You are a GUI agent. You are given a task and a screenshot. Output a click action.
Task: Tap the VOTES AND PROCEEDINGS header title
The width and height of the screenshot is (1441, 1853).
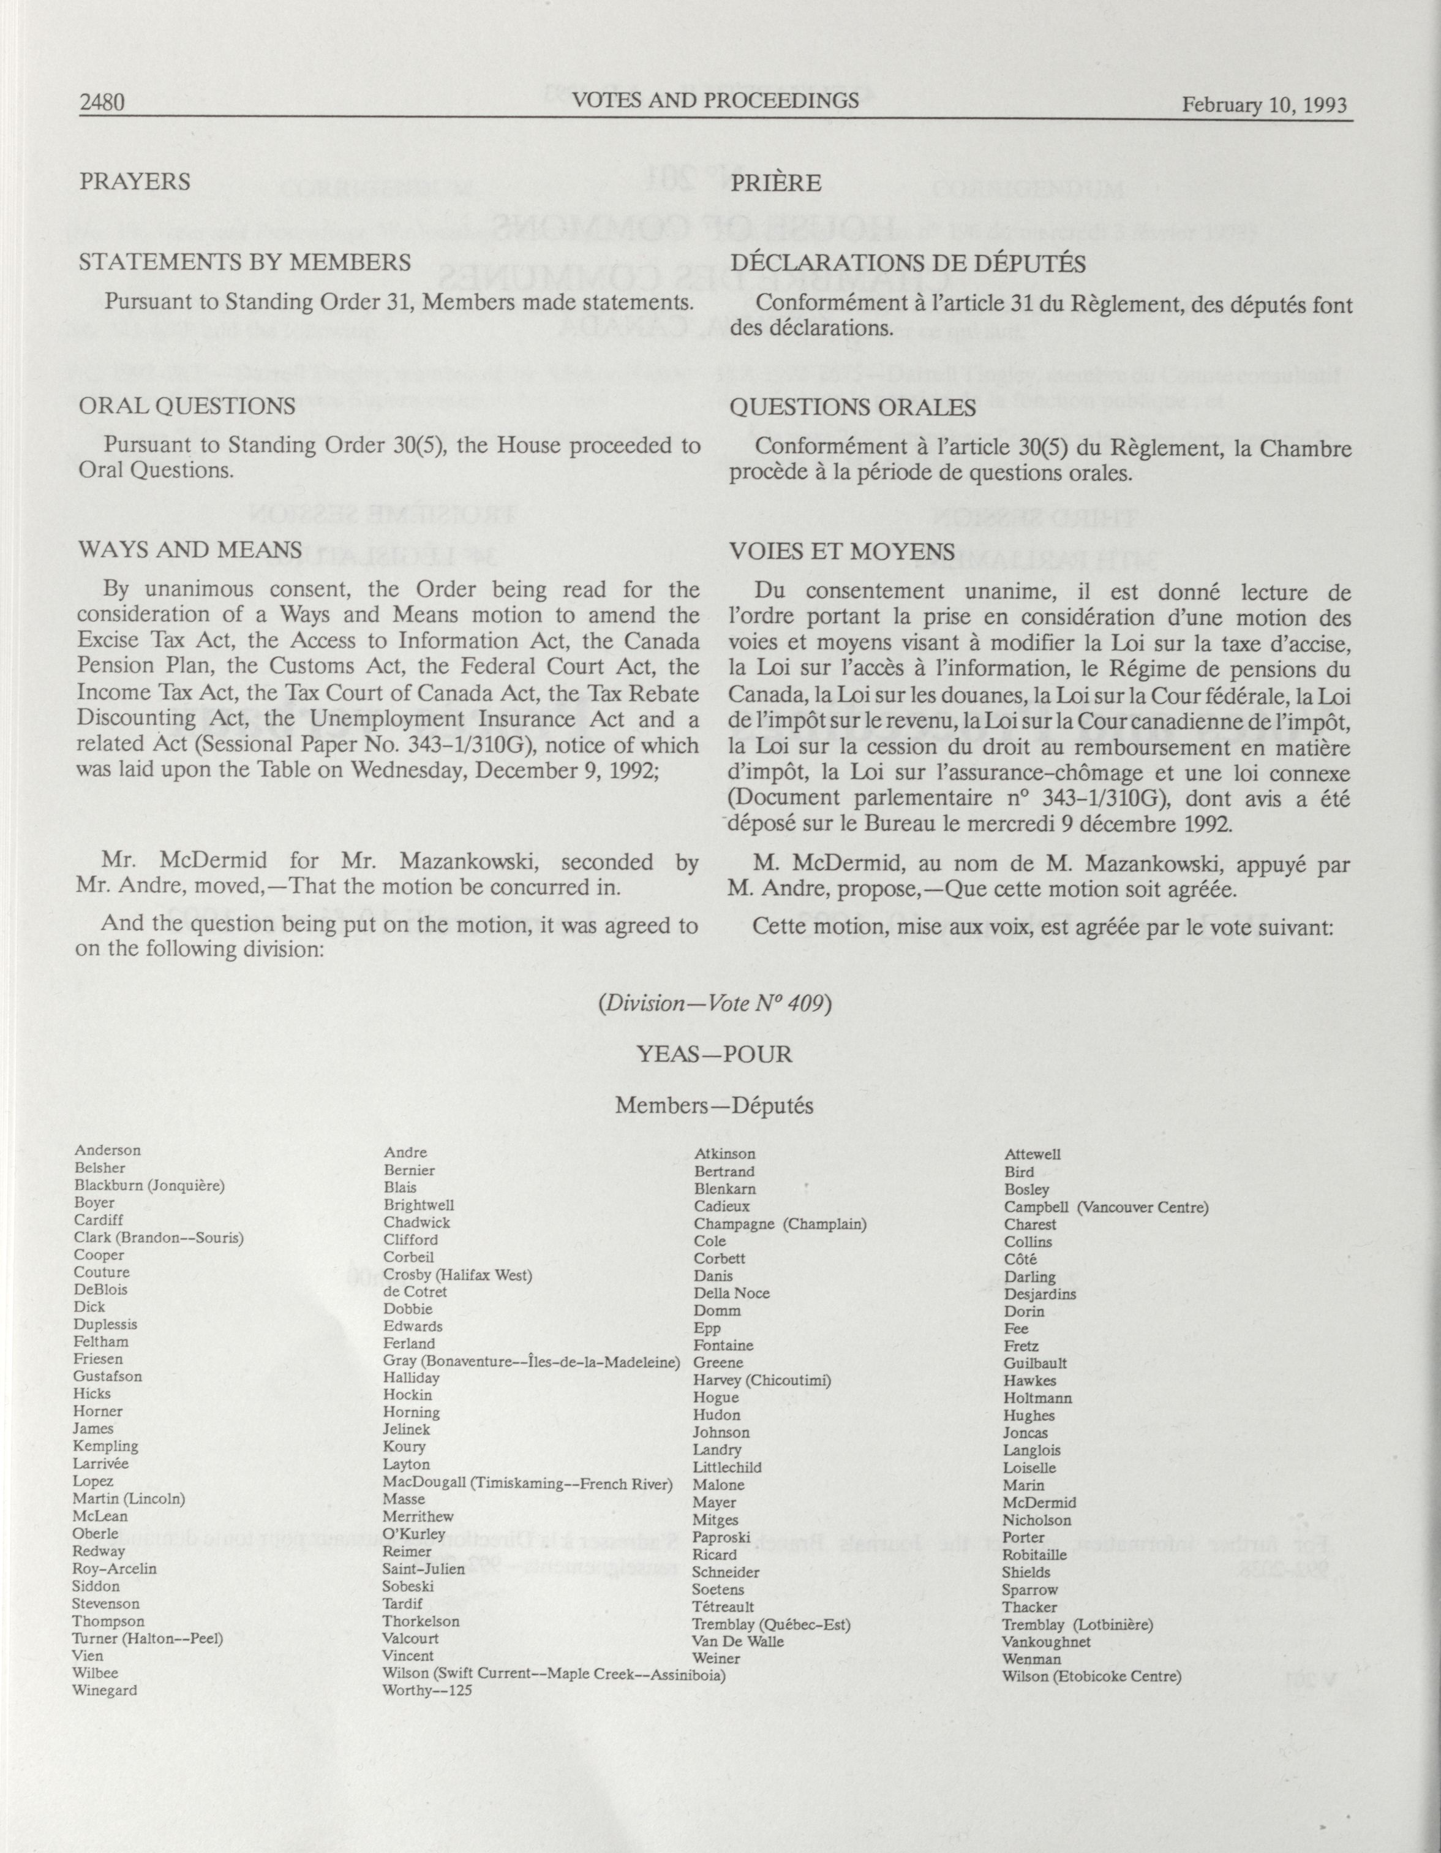click(715, 100)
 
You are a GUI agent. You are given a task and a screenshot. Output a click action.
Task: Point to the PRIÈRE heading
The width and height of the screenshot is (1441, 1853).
click(775, 183)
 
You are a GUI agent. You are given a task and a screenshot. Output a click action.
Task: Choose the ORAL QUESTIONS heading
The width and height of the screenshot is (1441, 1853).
click(187, 406)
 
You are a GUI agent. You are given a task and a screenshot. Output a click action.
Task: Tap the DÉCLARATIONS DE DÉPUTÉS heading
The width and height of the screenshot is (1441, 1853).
click(908, 263)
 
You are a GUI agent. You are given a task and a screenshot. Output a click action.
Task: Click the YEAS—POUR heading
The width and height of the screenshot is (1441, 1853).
click(714, 1055)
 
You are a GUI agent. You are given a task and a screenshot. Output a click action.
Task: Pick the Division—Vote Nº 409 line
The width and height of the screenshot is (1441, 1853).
click(714, 1003)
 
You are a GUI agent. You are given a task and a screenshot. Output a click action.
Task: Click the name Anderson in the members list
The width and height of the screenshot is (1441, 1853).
click(108, 1151)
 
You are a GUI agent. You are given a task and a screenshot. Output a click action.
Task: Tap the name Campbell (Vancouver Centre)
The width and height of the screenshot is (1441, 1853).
click(1106, 1207)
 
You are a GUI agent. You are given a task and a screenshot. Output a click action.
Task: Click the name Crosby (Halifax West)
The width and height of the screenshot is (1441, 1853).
click(457, 1275)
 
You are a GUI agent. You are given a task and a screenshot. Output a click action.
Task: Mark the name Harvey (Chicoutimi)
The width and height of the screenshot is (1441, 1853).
click(762, 1379)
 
